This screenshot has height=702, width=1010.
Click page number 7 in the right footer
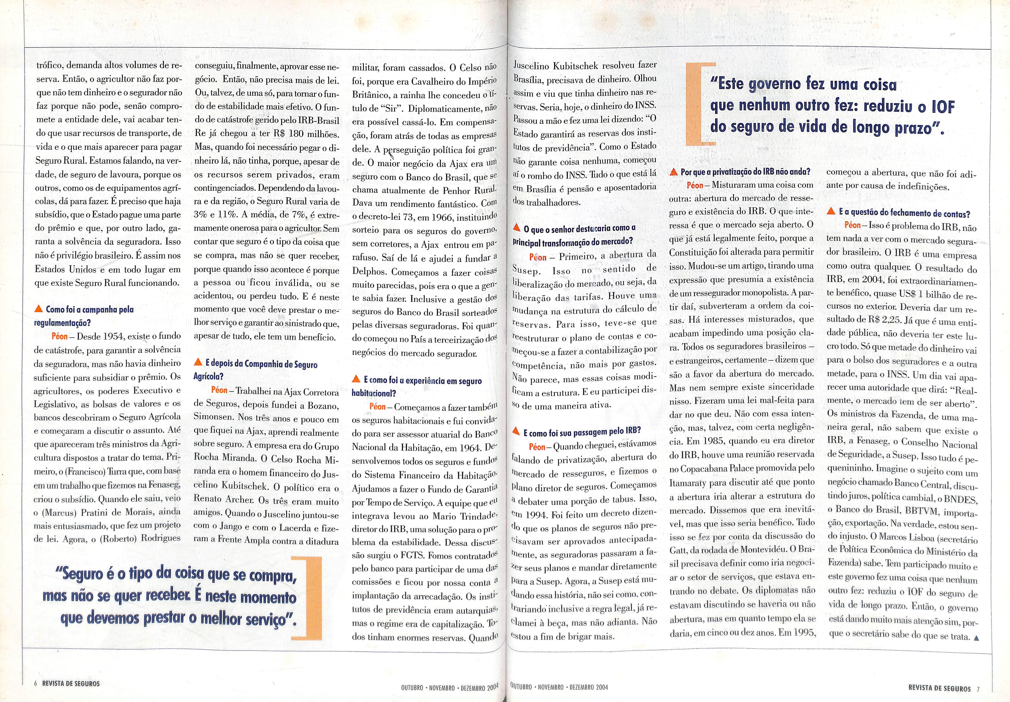pyautogui.click(x=978, y=688)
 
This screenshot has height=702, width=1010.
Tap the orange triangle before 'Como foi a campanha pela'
pyautogui.click(x=39, y=309)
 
